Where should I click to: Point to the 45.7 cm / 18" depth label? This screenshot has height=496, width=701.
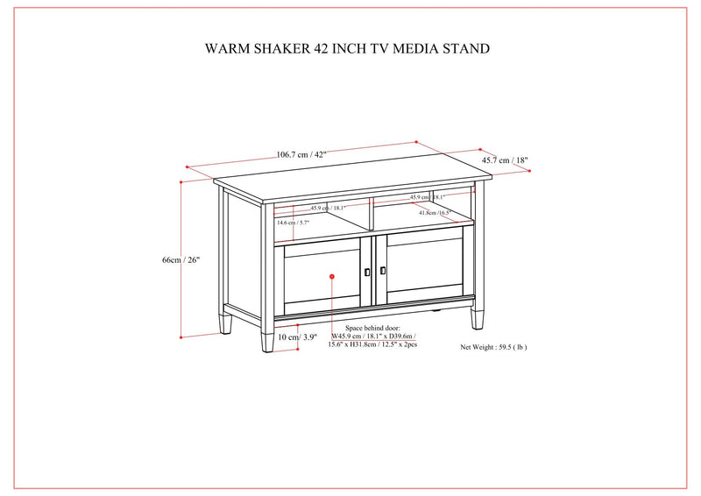505,160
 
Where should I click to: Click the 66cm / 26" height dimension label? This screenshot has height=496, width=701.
182,259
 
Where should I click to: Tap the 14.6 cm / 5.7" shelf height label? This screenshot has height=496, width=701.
294,223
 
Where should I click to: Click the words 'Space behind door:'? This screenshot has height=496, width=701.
372,327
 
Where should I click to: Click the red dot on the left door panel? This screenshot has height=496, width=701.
332,277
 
